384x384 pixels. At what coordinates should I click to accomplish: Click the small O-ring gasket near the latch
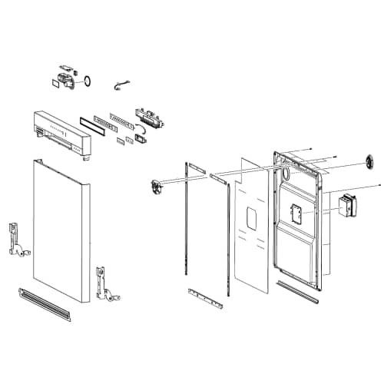tap(88, 78)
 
